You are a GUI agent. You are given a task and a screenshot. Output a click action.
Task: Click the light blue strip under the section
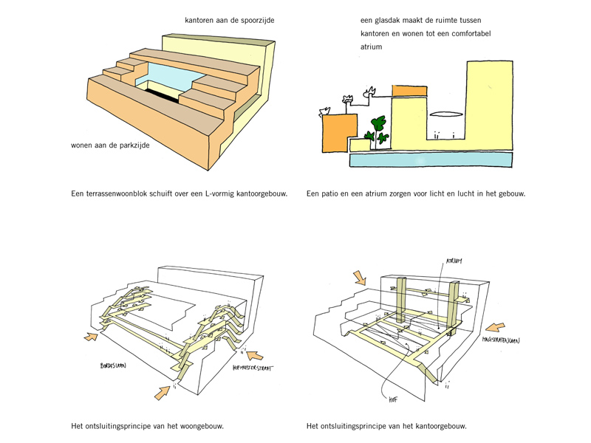[x=431, y=159]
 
